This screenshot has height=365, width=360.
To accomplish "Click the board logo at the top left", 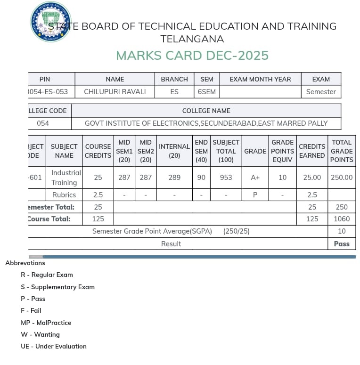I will pos(50,22).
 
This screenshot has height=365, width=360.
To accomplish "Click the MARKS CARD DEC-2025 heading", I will pos(192,56).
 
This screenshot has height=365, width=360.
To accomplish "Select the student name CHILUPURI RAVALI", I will pos(115,92).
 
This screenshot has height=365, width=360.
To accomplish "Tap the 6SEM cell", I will pos(206,92).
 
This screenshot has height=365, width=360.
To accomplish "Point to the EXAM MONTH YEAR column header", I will pos(260,79).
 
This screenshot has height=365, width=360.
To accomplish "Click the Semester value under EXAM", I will pos(320,92).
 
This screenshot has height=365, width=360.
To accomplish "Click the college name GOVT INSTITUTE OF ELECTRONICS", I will pos(206,123).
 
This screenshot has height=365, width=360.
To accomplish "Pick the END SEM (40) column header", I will pos(201,151).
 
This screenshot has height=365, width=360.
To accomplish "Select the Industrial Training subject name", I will pos(66,178).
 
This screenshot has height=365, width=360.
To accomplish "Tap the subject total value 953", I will pos(226,178).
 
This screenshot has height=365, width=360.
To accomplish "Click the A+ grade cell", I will pos(255,178).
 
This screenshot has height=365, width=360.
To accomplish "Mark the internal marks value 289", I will pos(174,178).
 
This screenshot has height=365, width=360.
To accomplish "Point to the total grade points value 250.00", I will pos(341,178).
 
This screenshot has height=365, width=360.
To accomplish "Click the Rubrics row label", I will pos(64,195).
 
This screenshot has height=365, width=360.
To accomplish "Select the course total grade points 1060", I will pos(341,219).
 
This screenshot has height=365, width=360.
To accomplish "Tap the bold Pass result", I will pos(341,244).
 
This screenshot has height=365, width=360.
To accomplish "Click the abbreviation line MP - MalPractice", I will pos(46,323).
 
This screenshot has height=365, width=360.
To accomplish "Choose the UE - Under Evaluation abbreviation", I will pos(53,346).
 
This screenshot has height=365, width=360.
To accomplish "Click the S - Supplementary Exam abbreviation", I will pos(57,287).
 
